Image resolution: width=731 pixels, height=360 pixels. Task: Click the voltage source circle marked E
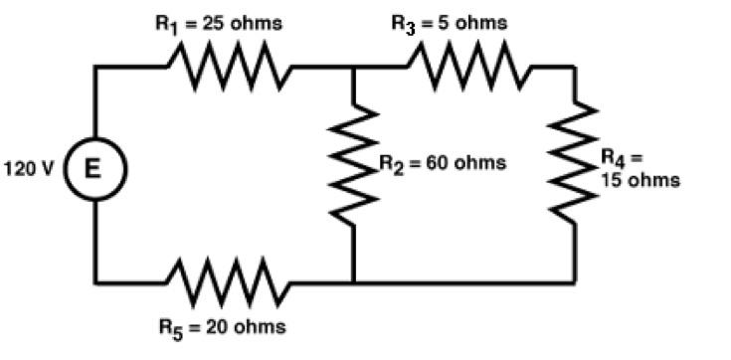click(x=95, y=168)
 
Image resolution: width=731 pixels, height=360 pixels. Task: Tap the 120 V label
click(x=33, y=168)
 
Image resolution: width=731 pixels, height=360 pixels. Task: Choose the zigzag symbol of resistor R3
click(x=466, y=67)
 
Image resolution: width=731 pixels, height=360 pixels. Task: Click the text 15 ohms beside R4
click(x=640, y=180)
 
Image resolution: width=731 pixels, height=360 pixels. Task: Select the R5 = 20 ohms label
click(x=221, y=327)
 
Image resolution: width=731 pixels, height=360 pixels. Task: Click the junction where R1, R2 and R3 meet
click(x=354, y=67)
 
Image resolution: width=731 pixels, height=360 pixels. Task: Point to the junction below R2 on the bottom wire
click(x=354, y=281)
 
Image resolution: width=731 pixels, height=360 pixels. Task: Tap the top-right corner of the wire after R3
click(x=575, y=67)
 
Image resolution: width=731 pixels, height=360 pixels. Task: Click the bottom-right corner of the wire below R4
click(x=575, y=281)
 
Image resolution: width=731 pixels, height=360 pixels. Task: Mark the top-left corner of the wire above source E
click(x=95, y=67)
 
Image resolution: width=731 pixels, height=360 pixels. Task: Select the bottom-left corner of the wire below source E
click(x=95, y=281)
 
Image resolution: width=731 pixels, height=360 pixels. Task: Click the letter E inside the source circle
click(x=95, y=168)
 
